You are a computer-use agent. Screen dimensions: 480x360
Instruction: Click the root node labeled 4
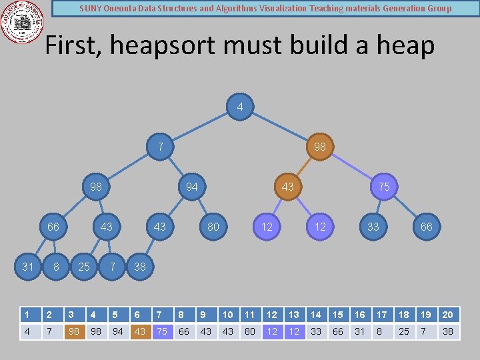click(x=240, y=107)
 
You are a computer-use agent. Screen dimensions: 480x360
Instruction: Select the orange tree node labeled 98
click(x=320, y=147)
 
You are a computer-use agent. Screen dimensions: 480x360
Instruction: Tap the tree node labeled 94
click(x=192, y=187)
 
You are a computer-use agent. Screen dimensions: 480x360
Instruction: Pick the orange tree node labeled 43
click(x=287, y=187)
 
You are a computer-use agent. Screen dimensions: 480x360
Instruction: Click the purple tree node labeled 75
click(x=384, y=187)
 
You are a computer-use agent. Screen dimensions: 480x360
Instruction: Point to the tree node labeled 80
click(x=213, y=227)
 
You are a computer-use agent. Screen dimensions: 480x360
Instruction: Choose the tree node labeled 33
click(x=373, y=227)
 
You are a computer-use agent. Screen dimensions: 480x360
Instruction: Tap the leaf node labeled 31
click(x=28, y=267)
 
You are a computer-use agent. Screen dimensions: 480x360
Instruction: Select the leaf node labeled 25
click(x=84, y=267)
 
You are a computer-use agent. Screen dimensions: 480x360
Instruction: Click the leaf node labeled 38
click(x=140, y=267)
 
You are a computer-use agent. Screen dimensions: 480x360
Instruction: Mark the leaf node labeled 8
click(x=57, y=267)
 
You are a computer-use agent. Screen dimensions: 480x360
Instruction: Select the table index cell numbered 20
click(x=448, y=315)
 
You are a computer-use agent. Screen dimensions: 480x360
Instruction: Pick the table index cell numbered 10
click(x=228, y=315)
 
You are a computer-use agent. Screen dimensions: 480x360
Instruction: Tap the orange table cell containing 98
click(x=74, y=331)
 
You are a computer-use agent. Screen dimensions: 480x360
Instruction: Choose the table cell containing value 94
click(x=118, y=331)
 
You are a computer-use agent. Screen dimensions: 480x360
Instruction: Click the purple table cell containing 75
click(x=162, y=331)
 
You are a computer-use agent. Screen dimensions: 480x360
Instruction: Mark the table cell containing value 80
click(x=250, y=331)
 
